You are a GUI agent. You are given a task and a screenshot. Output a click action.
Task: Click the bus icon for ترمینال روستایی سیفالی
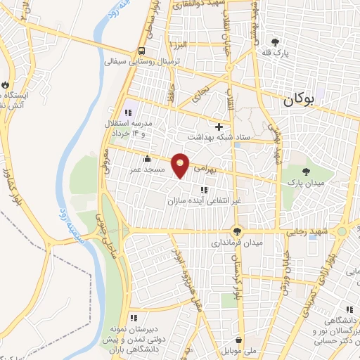click(142, 51)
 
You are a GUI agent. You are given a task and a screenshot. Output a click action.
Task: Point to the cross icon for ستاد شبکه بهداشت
click(219, 127)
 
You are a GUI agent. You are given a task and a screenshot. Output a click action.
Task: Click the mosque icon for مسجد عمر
click(146, 158)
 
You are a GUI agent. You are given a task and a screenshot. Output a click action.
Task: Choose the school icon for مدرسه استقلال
click(128, 112)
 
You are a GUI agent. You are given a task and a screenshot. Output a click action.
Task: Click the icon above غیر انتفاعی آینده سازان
click(203, 189)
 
